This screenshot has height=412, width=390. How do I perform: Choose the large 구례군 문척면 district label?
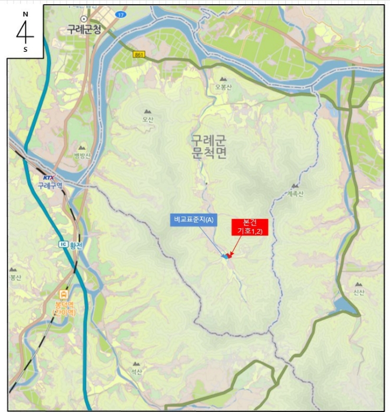pyautogui.click(x=209, y=147)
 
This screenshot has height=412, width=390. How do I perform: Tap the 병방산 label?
pyautogui.click(x=82, y=156)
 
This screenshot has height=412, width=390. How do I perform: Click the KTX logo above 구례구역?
pyautogui.click(x=48, y=177)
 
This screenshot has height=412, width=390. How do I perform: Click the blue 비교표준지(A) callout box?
pyautogui.click(x=194, y=220)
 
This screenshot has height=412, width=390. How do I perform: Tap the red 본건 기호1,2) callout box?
pyautogui.click(x=249, y=227)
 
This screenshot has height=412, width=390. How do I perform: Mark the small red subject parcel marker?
pyautogui.click(x=229, y=255)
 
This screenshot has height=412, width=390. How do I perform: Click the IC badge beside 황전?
pyautogui.click(x=62, y=244)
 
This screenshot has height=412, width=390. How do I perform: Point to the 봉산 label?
pyautogui.click(x=15, y=277)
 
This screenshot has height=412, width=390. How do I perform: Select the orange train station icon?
pyautogui.click(x=63, y=294)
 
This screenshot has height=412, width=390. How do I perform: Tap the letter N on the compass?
pyautogui.click(x=25, y=12)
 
